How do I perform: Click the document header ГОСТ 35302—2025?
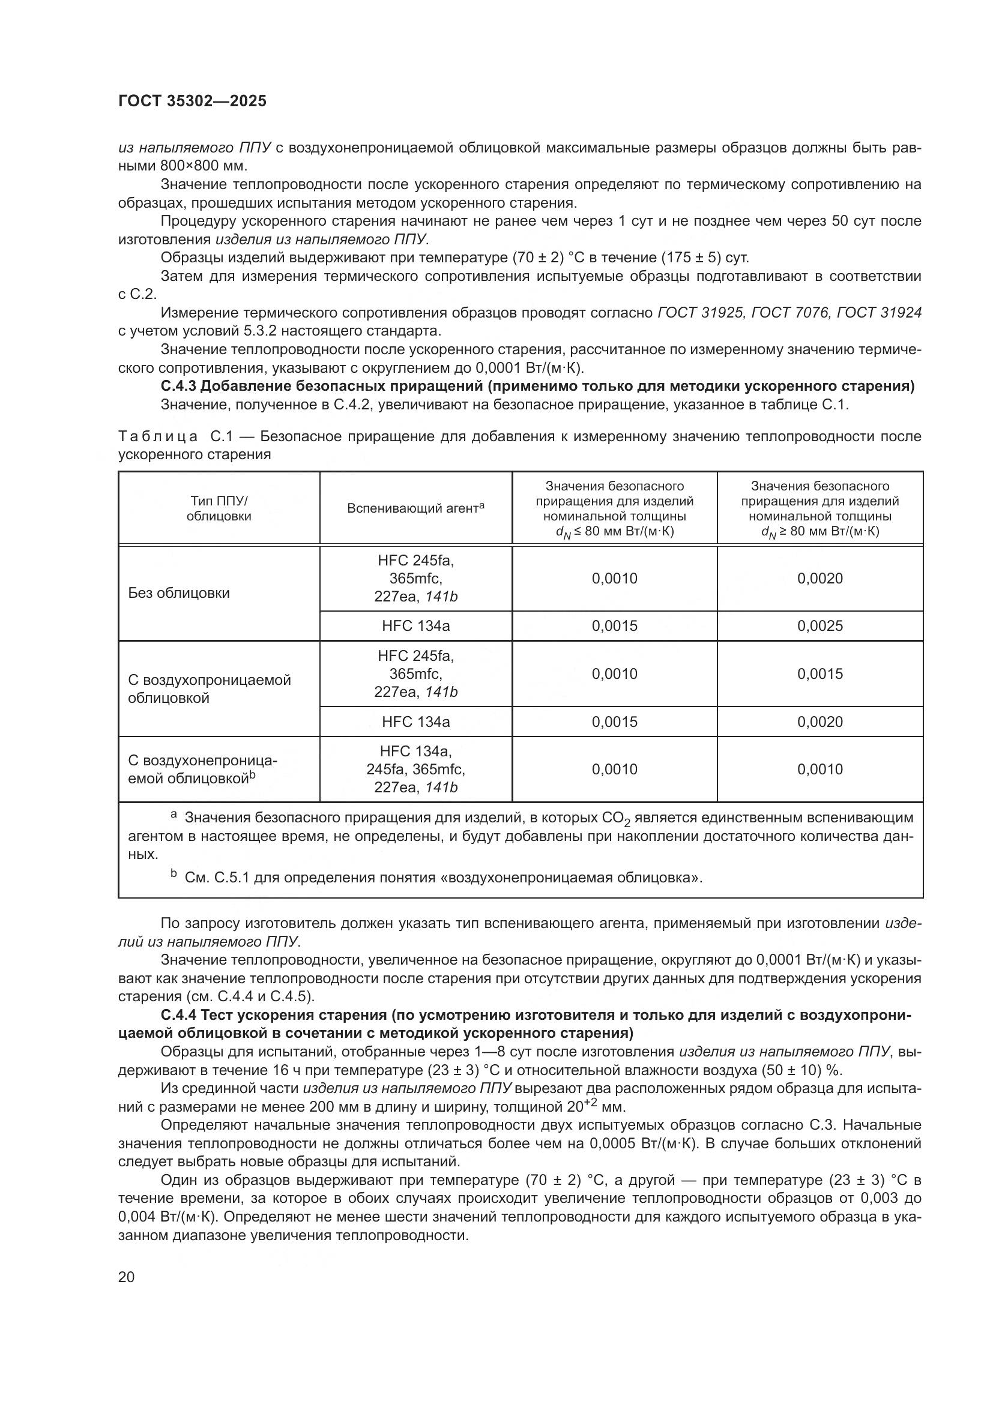coord(192,101)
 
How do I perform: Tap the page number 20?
coord(126,1277)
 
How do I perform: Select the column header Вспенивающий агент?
coord(415,508)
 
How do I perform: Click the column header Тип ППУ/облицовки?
coord(219,508)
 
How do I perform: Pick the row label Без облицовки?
coord(178,593)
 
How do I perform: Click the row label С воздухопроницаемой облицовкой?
coord(209,689)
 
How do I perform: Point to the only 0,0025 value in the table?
coord(819,626)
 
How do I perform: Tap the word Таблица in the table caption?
coord(158,436)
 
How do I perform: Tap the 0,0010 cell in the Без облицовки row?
coord(614,579)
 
